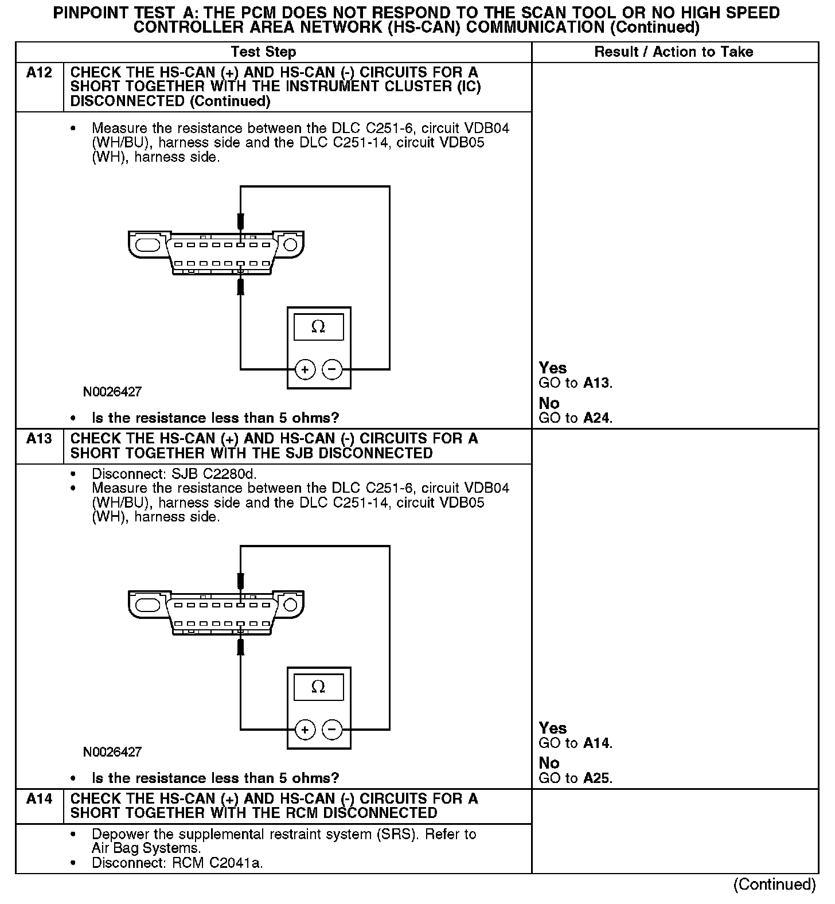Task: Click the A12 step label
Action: (x=39, y=73)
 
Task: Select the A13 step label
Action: (x=39, y=439)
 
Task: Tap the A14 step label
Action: (x=39, y=799)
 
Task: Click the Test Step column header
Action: (x=263, y=52)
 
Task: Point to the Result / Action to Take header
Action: (x=673, y=52)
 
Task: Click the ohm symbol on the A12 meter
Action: (x=318, y=327)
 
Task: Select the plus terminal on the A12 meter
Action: (x=305, y=369)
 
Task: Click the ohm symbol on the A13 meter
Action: (x=318, y=687)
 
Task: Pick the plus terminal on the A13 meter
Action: (x=305, y=730)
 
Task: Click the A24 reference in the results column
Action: (x=597, y=418)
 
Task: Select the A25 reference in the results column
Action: (x=597, y=778)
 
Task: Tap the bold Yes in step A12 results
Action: (x=553, y=368)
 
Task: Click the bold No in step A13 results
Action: (x=549, y=763)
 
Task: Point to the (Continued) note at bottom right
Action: (x=774, y=884)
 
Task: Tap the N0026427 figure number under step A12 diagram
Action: (x=112, y=392)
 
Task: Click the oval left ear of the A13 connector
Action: (x=148, y=605)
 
